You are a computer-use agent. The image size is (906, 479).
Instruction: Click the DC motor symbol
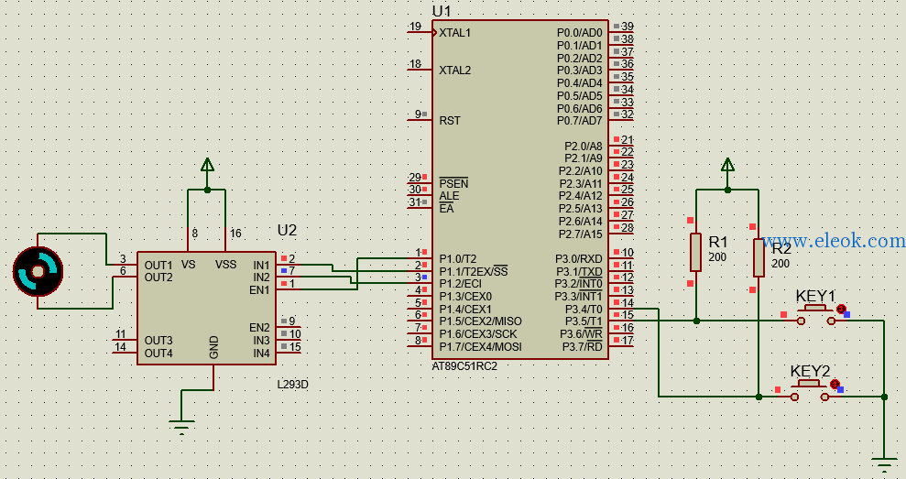pyautogui.click(x=38, y=271)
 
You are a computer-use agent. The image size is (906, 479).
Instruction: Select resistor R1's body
pyautogui.click(x=695, y=253)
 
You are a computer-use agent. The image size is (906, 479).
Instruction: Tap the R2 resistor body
pyautogui.click(x=759, y=257)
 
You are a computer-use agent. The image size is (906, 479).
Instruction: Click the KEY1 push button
pyautogui.click(x=816, y=315)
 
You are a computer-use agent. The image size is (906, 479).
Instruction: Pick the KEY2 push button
pyautogui.click(x=810, y=390)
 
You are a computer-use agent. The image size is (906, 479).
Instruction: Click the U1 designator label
pyautogui.click(x=442, y=12)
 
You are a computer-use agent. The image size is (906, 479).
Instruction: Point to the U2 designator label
pyautogui.click(x=287, y=231)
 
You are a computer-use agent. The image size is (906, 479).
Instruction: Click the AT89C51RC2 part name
pyautogui.click(x=464, y=366)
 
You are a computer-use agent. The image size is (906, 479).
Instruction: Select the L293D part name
pyautogui.click(x=293, y=385)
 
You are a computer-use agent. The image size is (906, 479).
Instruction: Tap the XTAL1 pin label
pyautogui.click(x=454, y=33)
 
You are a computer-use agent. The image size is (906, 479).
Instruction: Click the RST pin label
pyautogui.click(x=450, y=121)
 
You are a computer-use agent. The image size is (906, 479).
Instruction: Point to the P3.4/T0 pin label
pyautogui.click(x=584, y=310)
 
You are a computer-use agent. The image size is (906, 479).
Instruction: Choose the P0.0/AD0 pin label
pyautogui.click(x=580, y=33)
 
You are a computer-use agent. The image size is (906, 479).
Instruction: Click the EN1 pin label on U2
pyautogui.click(x=259, y=290)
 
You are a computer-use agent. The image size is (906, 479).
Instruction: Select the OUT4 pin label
pyautogui.click(x=158, y=353)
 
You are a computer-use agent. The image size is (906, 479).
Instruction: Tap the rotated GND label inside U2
pyautogui.click(x=213, y=347)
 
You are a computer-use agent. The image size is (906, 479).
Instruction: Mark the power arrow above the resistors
pyautogui.click(x=727, y=165)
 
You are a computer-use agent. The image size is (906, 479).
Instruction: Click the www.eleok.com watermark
pyautogui.click(x=834, y=241)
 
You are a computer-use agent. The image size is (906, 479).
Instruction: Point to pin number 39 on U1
pyautogui.click(x=627, y=27)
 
